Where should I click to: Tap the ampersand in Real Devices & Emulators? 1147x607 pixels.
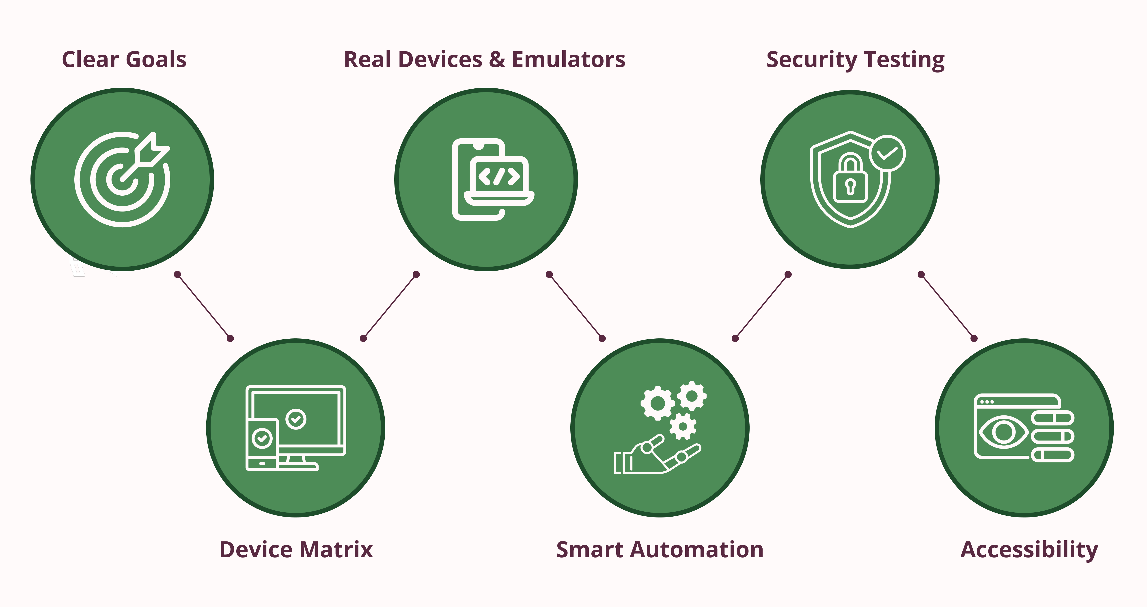point(497,60)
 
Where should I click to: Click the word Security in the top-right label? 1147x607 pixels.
point(811,60)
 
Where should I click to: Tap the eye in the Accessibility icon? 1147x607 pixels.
point(1004,432)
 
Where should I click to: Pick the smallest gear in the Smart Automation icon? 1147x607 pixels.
point(683,426)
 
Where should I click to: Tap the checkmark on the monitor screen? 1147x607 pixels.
point(296,419)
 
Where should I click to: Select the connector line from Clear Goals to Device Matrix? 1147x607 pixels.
point(203,306)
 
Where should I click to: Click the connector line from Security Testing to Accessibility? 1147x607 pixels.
point(948,306)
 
